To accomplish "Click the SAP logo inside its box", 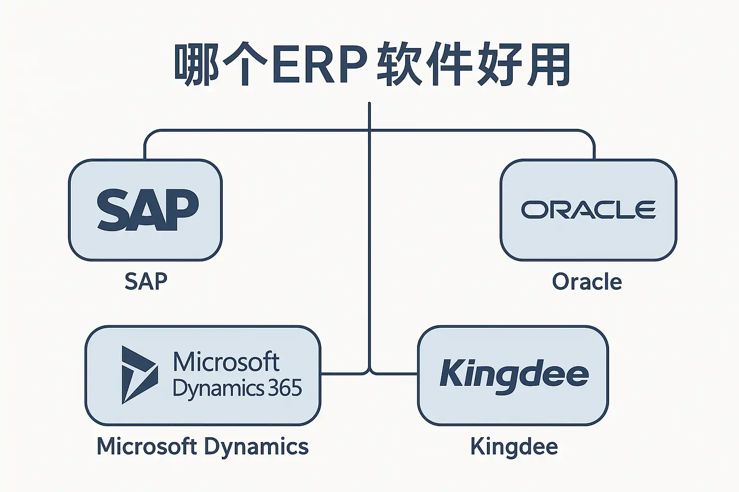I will click(x=148, y=210).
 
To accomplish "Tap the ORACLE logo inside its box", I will click(x=588, y=210).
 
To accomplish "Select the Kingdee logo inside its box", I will click(x=514, y=375).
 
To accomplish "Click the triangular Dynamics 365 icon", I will click(x=139, y=375).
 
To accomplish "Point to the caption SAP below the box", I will click(x=146, y=282).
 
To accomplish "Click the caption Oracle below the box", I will click(x=587, y=282).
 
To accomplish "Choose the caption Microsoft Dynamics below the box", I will click(x=203, y=446).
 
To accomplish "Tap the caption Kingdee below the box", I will click(x=514, y=446).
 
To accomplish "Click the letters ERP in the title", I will click(x=319, y=65).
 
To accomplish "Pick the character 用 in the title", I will click(x=548, y=65).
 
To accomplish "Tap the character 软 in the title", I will click(x=399, y=65).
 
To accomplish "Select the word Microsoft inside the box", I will click(x=226, y=362).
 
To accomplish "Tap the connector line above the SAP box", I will click(x=145, y=147).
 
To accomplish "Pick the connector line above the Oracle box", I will click(x=594, y=147).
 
